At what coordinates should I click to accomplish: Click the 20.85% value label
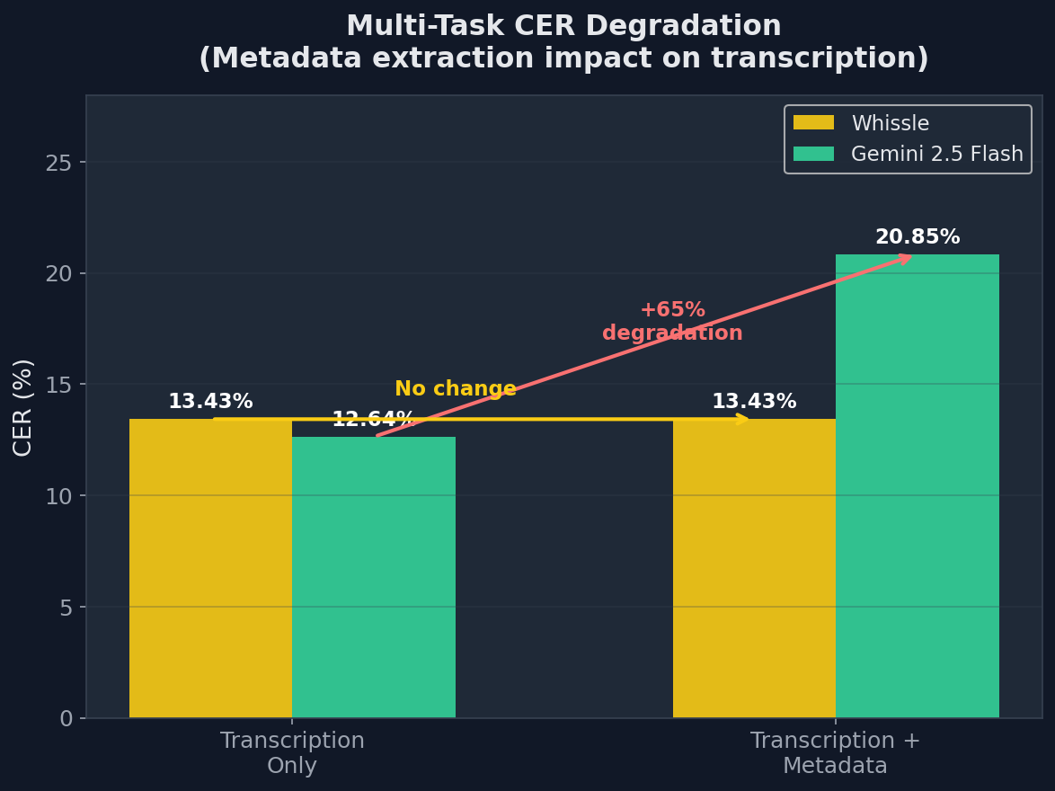(x=917, y=237)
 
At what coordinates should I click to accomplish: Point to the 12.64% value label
(x=373, y=420)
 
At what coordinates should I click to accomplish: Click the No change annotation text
(x=456, y=389)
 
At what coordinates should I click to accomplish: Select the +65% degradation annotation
(x=672, y=322)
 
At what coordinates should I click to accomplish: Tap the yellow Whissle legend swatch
(x=813, y=123)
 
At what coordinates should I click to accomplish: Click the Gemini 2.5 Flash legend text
(x=936, y=154)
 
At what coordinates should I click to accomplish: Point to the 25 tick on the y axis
(x=58, y=163)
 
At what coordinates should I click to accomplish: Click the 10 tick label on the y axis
(x=58, y=496)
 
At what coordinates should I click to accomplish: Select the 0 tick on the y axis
(x=66, y=718)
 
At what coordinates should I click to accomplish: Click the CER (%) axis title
(x=23, y=406)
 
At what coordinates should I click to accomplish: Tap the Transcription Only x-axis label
(x=292, y=753)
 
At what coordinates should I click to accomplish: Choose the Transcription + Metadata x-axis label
(x=835, y=753)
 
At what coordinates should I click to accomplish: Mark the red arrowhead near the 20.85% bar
(x=905, y=258)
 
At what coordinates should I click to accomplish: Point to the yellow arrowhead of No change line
(x=742, y=418)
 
